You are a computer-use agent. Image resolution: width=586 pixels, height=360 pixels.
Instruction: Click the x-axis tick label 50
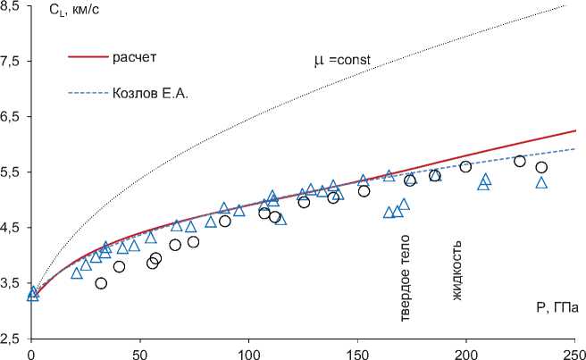pos(140,352)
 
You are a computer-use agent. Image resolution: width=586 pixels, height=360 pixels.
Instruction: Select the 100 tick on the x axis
pos(248,352)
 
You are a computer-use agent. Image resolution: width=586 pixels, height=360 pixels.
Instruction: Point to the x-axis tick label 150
pos(357,352)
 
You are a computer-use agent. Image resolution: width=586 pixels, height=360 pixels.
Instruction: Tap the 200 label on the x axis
pos(465,352)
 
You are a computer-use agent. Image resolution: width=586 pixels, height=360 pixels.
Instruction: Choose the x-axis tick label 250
pos(573,352)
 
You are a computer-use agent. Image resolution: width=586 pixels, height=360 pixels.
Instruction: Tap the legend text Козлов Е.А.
pos(154,92)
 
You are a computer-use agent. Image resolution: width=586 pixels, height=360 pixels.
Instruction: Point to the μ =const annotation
pos(341,62)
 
